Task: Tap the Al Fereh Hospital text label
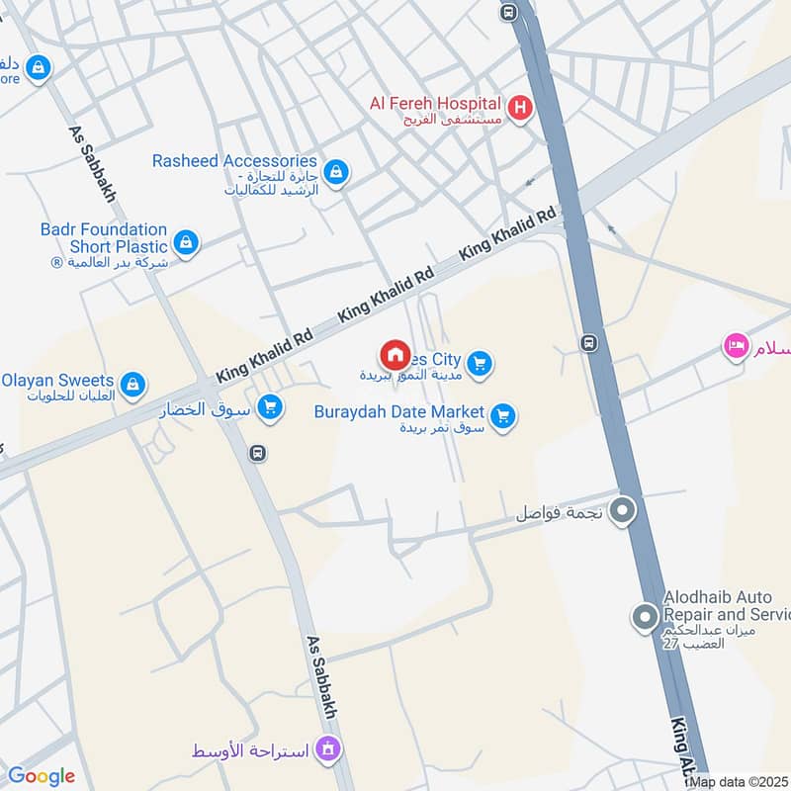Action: tap(437, 102)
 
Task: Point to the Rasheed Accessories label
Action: tap(235, 160)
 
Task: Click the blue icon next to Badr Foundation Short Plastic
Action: tap(185, 241)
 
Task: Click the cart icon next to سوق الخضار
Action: tap(269, 406)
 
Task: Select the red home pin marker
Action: tap(395, 355)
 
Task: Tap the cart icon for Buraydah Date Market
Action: tap(503, 416)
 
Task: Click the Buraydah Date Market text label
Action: tap(398, 411)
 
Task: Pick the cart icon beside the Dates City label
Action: tap(480, 364)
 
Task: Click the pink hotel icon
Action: tap(736, 346)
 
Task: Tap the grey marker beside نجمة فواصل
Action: tap(623, 511)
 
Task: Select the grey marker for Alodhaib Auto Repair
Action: tap(645, 619)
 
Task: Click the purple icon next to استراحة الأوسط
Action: tap(328, 750)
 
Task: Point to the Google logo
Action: tap(42, 776)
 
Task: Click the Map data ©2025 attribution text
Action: tap(739, 782)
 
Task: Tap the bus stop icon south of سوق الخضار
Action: tap(258, 453)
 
